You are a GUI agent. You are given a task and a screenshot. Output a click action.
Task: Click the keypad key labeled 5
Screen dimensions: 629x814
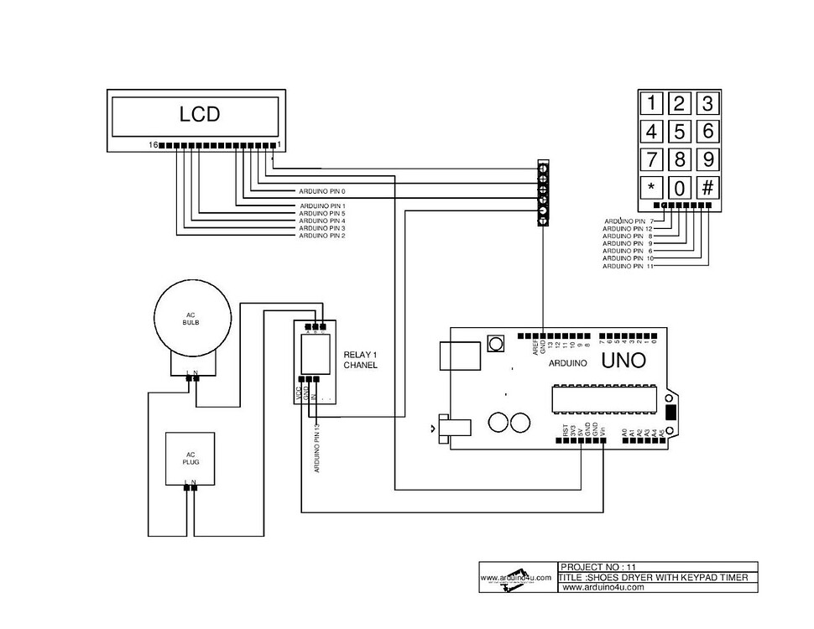[680, 132]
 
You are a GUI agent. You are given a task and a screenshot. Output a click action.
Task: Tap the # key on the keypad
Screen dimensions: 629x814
[707, 187]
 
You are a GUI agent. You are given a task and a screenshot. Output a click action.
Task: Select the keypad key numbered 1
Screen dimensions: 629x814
[651, 104]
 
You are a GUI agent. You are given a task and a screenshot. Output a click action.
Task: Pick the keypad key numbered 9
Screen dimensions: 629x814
[707, 159]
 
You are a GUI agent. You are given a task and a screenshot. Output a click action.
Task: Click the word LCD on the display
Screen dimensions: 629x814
[200, 114]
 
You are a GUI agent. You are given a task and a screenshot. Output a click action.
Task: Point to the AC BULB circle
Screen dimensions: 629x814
[193, 319]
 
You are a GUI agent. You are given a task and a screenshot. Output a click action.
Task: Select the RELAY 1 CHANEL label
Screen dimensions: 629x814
[361, 361]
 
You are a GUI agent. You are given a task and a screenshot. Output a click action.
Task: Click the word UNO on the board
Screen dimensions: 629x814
[623, 361]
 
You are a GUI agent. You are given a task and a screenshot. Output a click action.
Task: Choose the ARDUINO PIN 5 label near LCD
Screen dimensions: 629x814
[322, 213]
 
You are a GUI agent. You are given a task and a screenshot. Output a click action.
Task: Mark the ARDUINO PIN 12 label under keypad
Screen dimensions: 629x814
[628, 228]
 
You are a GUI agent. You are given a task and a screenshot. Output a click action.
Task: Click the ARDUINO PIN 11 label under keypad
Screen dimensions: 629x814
[628, 266]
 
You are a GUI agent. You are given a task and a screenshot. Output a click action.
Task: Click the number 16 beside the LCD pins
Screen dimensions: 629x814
[154, 145]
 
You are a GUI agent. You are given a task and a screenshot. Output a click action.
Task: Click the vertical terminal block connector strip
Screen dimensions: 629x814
[543, 193]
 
